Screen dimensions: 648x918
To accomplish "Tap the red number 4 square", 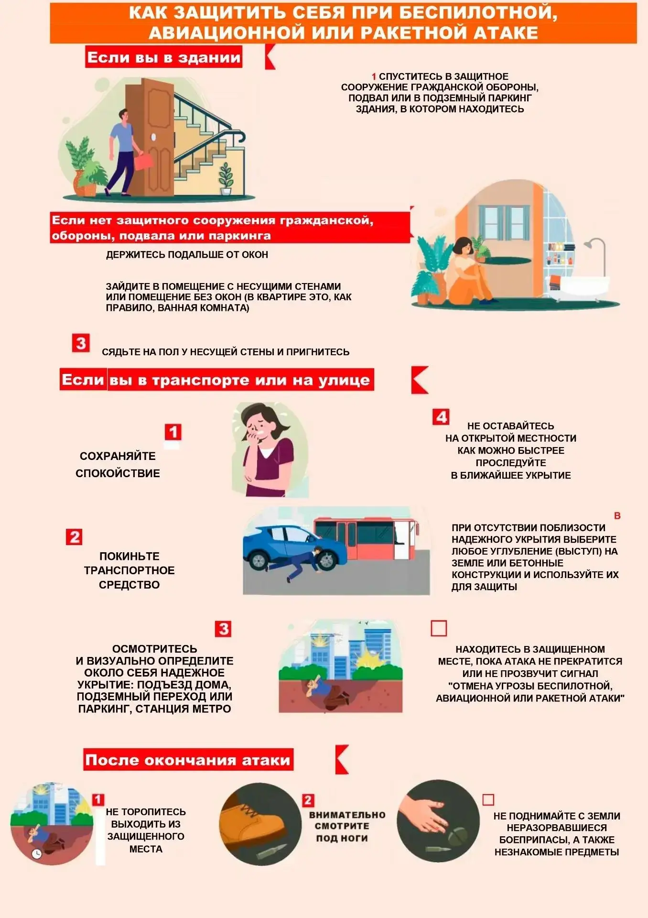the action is (441, 416).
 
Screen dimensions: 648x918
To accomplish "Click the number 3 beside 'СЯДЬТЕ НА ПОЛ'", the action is (81, 343).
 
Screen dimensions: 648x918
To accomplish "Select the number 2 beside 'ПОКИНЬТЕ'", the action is (74, 536).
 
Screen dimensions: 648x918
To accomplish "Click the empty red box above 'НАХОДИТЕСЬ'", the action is (439, 628).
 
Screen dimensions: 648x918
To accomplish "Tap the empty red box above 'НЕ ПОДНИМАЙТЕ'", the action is (488, 799).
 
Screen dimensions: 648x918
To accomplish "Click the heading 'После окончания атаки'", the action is (188, 760).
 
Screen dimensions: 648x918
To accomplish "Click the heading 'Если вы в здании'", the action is (164, 57).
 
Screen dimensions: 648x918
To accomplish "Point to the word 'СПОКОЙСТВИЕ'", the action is (118, 473).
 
